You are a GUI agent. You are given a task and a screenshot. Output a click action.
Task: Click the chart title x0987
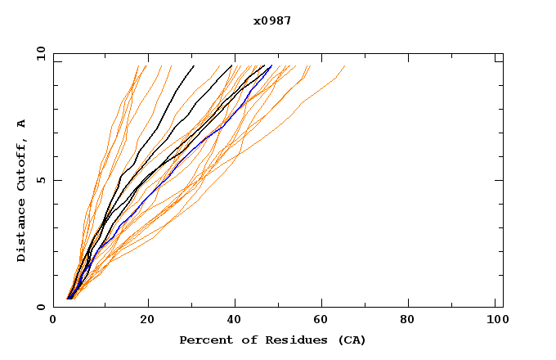coord(272,20)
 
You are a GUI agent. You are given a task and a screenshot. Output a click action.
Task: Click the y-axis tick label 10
coord(39,54)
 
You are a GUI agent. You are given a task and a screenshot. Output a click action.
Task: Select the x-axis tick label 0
coord(53,320)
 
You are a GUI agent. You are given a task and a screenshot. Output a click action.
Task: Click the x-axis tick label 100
coord(495,320)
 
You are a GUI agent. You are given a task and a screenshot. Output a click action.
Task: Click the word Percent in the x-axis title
coord(202,340)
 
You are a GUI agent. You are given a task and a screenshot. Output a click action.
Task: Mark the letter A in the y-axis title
coord(21,124)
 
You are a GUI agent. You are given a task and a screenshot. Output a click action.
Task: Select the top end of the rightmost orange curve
coord(344,66)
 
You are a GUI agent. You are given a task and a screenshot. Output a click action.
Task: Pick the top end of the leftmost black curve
coord(194,66)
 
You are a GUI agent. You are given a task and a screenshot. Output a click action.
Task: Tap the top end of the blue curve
coord(271,66)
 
